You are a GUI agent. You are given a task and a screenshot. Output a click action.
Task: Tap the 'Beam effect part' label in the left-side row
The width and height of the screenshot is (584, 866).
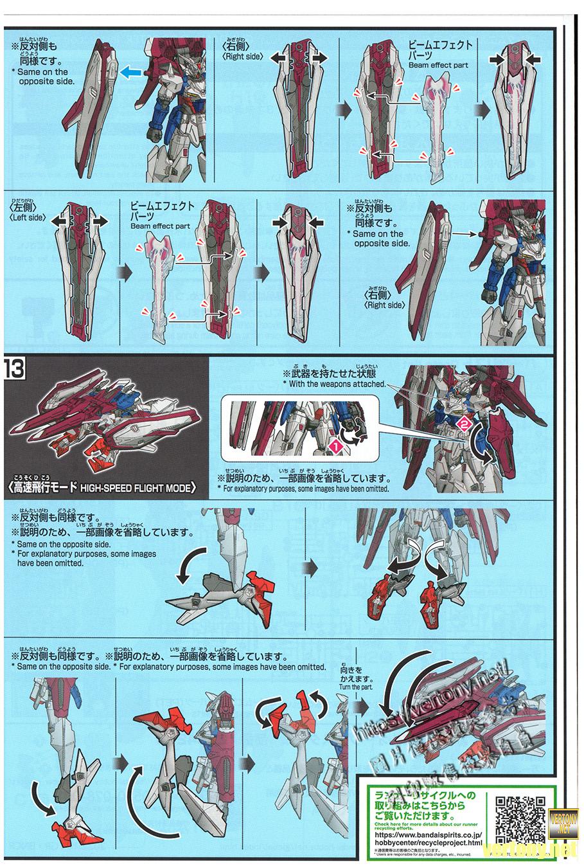click(x=160, y=226)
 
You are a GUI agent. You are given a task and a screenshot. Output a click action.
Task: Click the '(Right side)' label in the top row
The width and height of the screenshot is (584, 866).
click(x=242, y=57)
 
